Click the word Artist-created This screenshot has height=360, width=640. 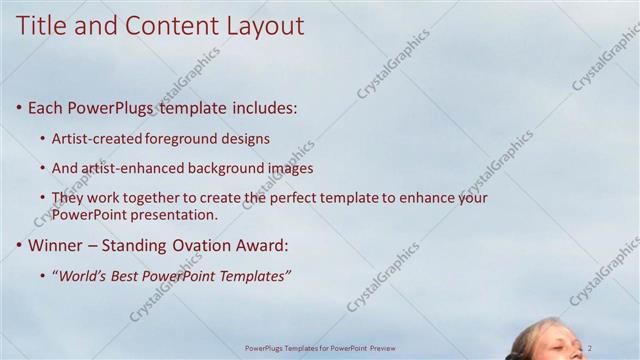[x=96, y=138]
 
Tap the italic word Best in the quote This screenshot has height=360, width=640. [x=135, y=276]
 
